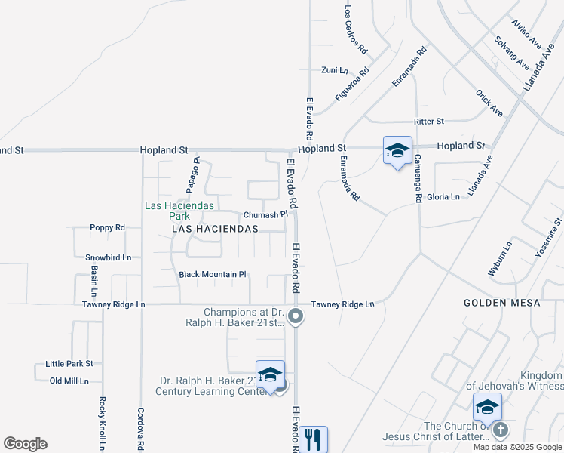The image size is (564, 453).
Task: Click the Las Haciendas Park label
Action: pyautogui.click(x=179, y=210)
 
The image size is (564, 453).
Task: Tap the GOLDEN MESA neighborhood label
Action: pyautogui.click(x=502, y=303)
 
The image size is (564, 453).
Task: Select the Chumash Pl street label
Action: pyautogui.click(x=265, y=214)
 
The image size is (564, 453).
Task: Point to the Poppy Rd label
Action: pyautogui.click(x=106, y=227)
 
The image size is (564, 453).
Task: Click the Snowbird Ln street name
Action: pyautogui.click(x=108, y=257)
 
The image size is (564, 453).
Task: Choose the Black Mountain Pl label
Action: pyautogui.click(x=213, y=274)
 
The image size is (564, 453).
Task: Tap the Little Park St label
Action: pyautogui.click(x=69, y=364)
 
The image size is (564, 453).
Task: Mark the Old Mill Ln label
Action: pyautogui.click(x=69, y=381)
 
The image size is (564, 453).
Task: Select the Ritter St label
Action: pyautogui.click(x=429, y=121)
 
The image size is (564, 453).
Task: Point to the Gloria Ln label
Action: pyautogui.click(x=443, y=197)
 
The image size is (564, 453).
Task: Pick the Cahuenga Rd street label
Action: pyautogui.click(x=417, y=179)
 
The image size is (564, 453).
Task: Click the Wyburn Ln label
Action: pyautogui.click(x=500, y=258)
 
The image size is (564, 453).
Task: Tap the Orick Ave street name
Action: pyautogui.click(x=489, y=103)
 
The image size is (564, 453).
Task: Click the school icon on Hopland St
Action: pyautogui.click(x=397, y=150)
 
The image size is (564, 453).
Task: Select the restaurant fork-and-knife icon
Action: pyautogui.click(x=313, y=439)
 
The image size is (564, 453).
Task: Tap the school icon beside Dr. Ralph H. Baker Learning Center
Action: pyautogui.click(x=270, y=375)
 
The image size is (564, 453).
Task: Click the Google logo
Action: pyautogui.click(x=25, y=444)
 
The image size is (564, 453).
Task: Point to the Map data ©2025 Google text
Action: pyautogui.click(x=518, y=447)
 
